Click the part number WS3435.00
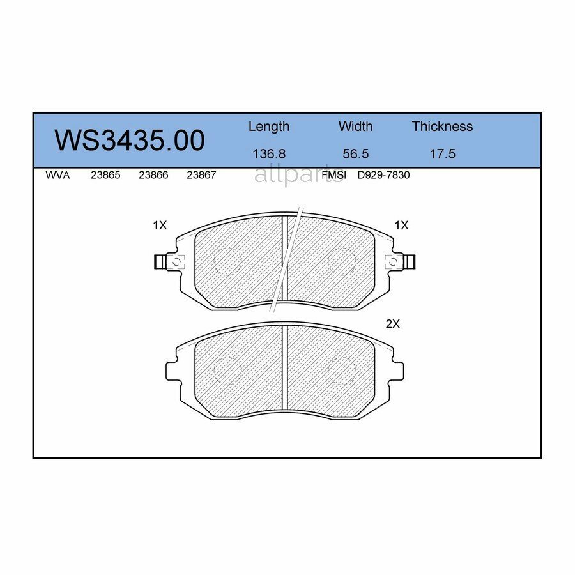[x=130, y=141]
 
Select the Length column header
[x=268, y=126]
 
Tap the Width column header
[x=355, y=126]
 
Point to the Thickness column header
[x=442, y=126]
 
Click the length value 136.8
[x=268, y=154]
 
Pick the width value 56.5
[x=355, y=154]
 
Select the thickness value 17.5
[x=442, y=154]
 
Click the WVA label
[x=57, y=175]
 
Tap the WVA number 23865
[x=105, y=175]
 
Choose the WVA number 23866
[x=153, y=175]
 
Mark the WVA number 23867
[x=201, y=175]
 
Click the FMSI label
[x=333, y=175]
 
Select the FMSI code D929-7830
[x=383, y=175]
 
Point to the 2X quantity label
[x=392, y=324]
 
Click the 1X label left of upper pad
[x=159, y=226]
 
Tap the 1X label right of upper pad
[x=401, y=226]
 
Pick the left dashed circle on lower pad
[x=227, y=371]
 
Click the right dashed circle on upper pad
[x=342, y=261]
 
